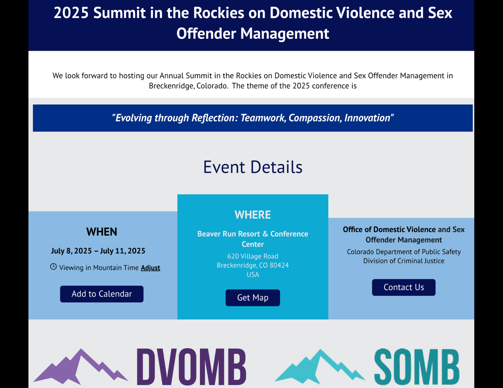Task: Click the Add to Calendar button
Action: (x=102, y=294)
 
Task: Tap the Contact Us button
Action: (x=404, y=287)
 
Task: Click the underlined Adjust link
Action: (x=151, y=267)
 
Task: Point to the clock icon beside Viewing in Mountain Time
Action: (x=53, y=267)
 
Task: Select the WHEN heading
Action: (x=102, y=232)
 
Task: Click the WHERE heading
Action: (x=252, y=215)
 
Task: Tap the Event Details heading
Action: (x=252, y=167)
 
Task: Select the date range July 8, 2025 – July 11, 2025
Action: (x=98, y=251)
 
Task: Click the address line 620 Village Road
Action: (x=252, y=256)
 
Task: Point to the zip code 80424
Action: (x=279, y=265)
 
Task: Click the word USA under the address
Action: (x=252, y=274)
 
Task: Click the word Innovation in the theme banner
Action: (x=367, y=118)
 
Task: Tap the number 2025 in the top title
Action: (x=71, y=13)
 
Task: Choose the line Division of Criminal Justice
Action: (x=404, y=261)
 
